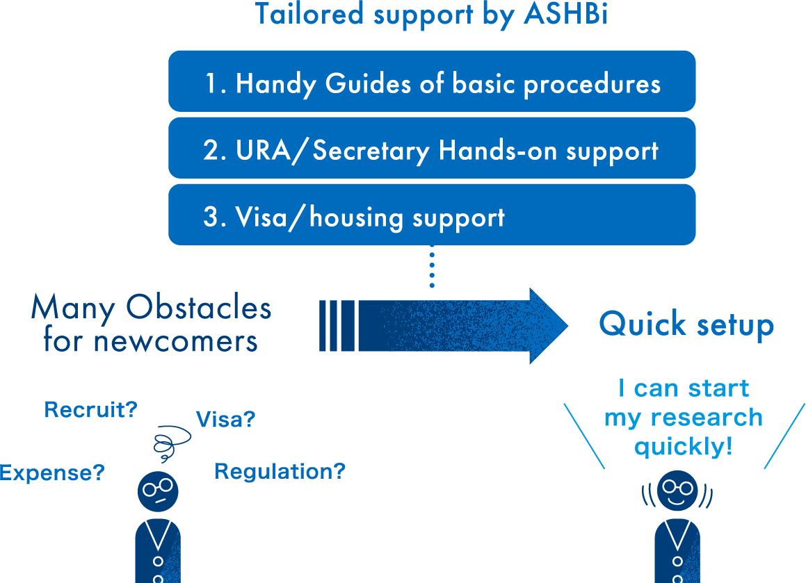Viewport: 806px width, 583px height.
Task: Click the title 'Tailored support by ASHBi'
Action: tap(431, 15)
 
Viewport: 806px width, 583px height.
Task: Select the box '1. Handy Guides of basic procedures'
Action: tap(432, 81)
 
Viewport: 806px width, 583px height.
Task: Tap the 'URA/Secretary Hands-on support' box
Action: tap(432, 148)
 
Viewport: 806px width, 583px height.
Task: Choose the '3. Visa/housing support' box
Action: tap(432, 215)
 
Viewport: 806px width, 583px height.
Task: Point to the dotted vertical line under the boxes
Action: tap(432, 266)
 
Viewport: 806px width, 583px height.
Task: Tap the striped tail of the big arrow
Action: tap(337, 326)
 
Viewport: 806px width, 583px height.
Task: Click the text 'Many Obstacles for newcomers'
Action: tap(151, 324)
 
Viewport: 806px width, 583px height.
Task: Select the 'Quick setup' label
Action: tap(686, 325)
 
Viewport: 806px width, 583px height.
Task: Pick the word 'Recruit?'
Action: tap(91, 410)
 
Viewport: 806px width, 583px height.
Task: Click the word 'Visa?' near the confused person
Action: tap(225, 420)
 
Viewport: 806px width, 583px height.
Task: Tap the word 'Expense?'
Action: tap(52, 473)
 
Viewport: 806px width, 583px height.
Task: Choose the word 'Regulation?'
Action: tap(280, 472)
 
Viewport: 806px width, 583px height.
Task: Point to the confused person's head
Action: tap(158, 491)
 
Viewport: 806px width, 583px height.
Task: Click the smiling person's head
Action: tap(677, 491)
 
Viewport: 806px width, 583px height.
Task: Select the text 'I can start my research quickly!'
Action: tap(684, 417)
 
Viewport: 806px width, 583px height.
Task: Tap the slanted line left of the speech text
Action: tap(584, 436)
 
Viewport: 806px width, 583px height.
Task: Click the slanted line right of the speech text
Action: tap(784, 436)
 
